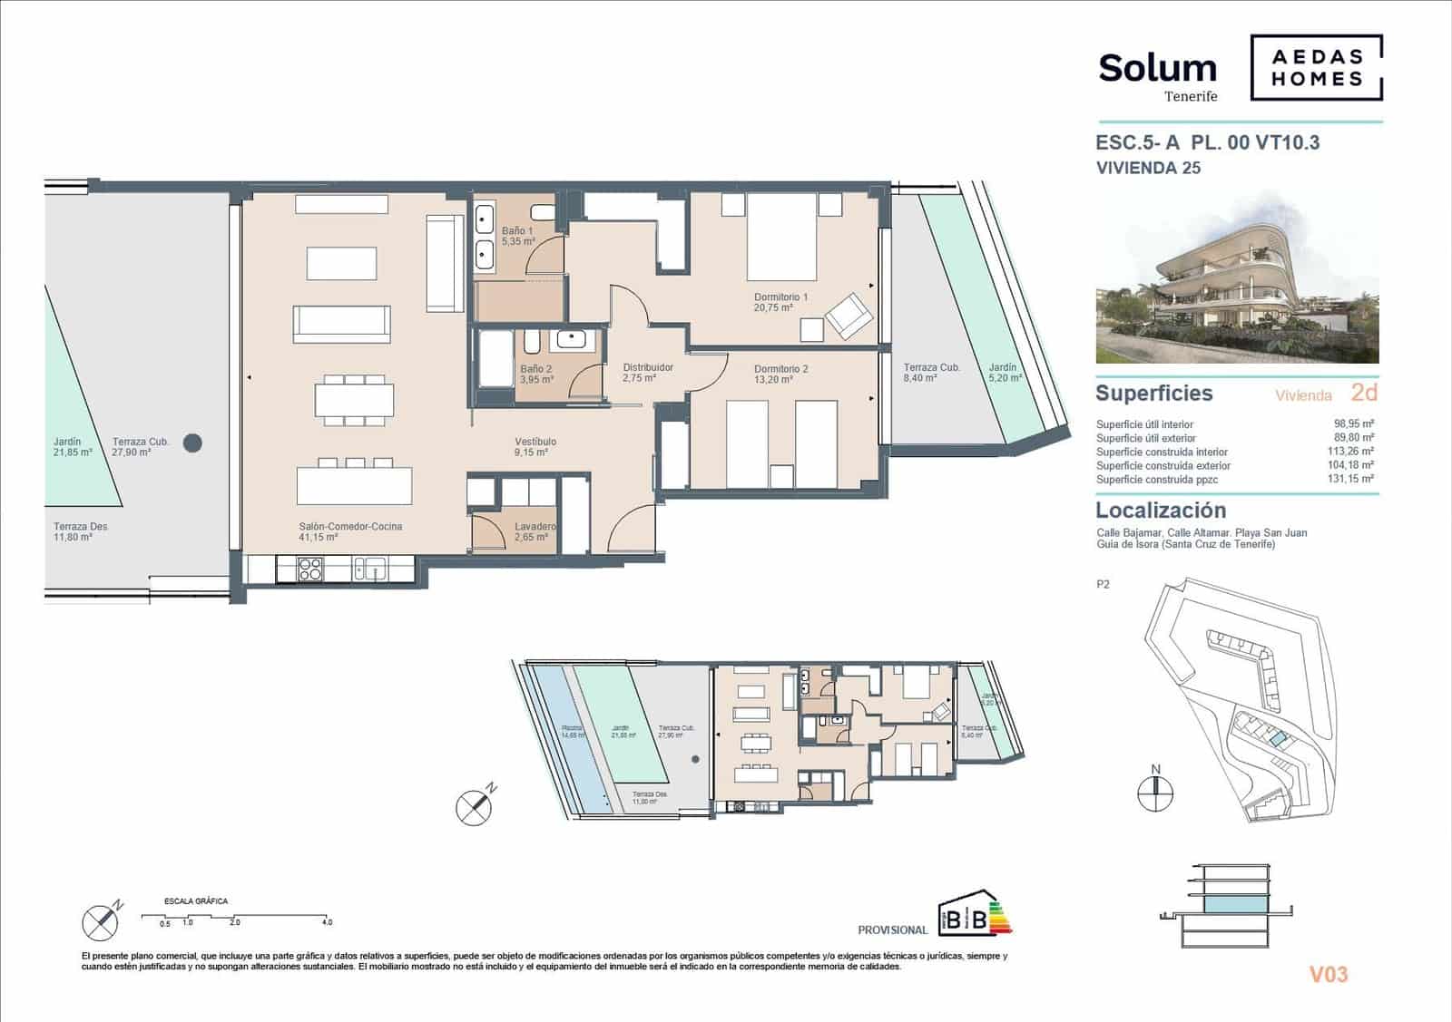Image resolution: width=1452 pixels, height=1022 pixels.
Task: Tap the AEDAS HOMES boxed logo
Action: click(x=1317, y=68)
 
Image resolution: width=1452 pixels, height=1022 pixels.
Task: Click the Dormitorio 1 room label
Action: click(x=780, y=302)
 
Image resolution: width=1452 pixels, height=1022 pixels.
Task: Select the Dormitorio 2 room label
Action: click(x=780, y=374)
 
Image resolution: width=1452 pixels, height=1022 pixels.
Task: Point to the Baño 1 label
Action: click(x=517, y=237)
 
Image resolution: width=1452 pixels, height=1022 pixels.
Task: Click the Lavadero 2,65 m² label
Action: click(x=535, y=531)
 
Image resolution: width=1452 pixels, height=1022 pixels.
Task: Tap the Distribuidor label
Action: click(x=647, y=372)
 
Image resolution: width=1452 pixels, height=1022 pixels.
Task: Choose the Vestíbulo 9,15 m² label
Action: click(x=535, y=446)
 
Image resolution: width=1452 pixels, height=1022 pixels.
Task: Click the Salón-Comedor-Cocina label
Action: click(x=350, y=531)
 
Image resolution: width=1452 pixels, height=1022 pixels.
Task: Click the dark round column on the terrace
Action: click(x=192, y=443)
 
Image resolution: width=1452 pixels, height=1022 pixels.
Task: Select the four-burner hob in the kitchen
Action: click(x=310, y=569)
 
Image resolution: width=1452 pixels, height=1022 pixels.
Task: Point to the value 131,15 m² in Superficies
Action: click(x=1353, y=479)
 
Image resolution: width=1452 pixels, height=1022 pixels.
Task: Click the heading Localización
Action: click(x=1160, y=510)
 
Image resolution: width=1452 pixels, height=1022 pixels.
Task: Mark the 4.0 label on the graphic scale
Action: click(x=327, y=922)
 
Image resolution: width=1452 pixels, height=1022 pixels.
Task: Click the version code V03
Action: click(x=1328, y=975)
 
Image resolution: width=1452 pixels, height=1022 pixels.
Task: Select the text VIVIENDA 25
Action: click(x=1148, y=168)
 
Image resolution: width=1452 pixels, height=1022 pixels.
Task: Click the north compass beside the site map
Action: click(x=1155, y=791)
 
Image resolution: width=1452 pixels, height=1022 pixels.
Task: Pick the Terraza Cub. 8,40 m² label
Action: click(x=931, y=373)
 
